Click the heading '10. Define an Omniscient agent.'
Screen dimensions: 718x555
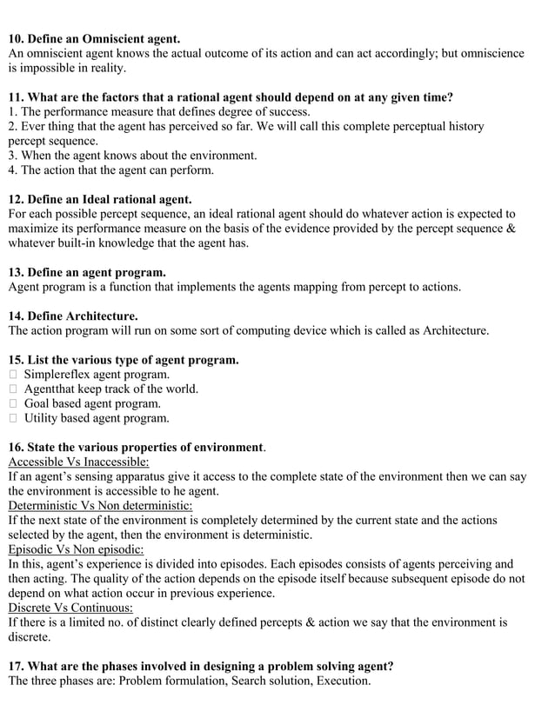point(94,38)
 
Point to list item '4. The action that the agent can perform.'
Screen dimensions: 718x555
point(110,170)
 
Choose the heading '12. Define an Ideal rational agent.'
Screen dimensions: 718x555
point(100,199)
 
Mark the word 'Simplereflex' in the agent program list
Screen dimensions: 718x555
point(59,375)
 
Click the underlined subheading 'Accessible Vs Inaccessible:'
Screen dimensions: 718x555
point(78,462)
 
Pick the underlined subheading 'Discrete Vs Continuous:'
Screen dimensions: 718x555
point(70,608)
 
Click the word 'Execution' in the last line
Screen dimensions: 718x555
point(344,681)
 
